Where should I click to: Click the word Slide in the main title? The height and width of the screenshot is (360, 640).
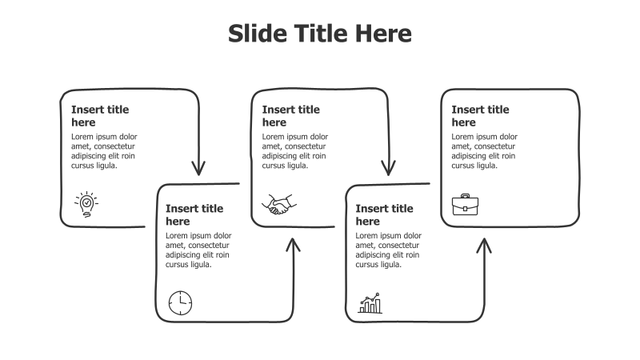(x=258, y=33)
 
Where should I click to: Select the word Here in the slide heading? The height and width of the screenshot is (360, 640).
(x=383, y=33)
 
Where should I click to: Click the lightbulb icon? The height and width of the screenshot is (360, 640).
(x=86, y=204)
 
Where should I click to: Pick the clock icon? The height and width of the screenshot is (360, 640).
(x=181, y=303)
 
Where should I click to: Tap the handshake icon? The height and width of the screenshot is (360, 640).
(x=279, y=204)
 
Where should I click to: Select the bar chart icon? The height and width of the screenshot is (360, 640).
(x=370, y=303)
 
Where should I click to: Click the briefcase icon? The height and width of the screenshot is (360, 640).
(x=465, y=204)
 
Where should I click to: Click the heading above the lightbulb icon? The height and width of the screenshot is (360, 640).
(x=100, y=116)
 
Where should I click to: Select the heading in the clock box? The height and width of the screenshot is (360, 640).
(x=194, y=214)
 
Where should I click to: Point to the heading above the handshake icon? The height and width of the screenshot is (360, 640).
(x=290, y=116)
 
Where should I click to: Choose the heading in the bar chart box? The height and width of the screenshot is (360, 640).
(x=384, y=214)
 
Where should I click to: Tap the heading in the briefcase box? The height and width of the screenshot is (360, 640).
(x=480, y=116)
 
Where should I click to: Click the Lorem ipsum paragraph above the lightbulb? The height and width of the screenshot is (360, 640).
(x=104, y=151)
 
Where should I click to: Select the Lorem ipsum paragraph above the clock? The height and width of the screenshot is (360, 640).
(x=198, y=250)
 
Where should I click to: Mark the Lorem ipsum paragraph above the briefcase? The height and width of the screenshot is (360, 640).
(x=484, y=151)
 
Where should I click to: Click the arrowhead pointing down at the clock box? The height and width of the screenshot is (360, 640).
(x=198, y=168)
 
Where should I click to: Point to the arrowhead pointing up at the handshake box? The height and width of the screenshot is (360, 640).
(x=293, y=245)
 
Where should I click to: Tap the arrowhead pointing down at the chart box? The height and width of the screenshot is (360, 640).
(x=388, y=168)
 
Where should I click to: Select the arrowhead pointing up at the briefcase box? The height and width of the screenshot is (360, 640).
(x=484, y=246)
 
